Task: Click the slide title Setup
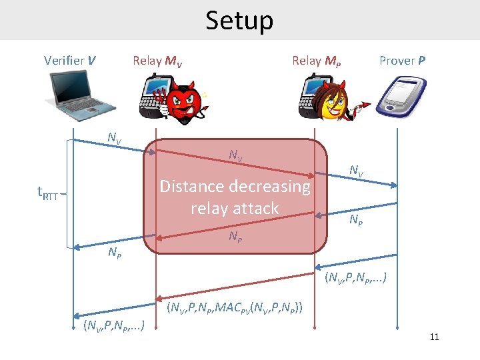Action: [x=239, y=21]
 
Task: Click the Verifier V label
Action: [x=69, y=61]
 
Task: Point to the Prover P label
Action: [x=403, y=61]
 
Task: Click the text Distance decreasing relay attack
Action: [x=235, y=197]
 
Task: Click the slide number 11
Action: [x=434, y=337]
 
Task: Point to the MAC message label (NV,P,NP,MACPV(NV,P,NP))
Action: [x=235, y=308]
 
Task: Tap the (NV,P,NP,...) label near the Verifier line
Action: [x=114, y=327]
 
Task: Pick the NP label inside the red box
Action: [x=235, y=236]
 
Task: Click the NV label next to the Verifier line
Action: [x=115, y=139]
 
